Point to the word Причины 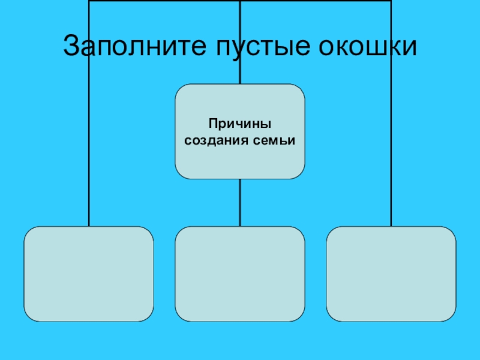pyautogui.click(x=240, y=124)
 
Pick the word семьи pyautogui.click(x=276, y=140)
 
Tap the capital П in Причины pyautogui.click(x=212, y=124)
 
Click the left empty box pyautogui.click(x=89, y=274)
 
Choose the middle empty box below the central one pyautogui.click(x=240, y=274)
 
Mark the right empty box pyautogui.click(x=391, y=274)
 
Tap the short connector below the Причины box pyautogui.click(x=240, y=203)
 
